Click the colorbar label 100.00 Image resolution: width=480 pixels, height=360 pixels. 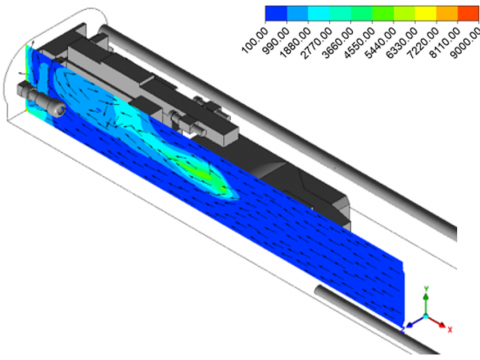tap(255, 41)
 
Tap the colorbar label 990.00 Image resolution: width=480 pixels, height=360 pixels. tap(275, 41)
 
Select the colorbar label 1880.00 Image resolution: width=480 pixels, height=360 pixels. tap(295, 43)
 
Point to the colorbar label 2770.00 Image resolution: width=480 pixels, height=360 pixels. tap(317, 43)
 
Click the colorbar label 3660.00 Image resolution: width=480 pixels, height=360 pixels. tap(338, 43)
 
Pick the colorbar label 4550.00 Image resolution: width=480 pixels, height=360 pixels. tap(359, 43)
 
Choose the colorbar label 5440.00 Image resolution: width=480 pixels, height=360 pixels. tap(381, 43)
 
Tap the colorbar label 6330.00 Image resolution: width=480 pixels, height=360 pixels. tap(402, 43)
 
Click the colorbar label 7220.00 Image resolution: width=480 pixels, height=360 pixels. tap(423, 43)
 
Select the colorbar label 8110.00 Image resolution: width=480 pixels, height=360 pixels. tap(445, 43)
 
